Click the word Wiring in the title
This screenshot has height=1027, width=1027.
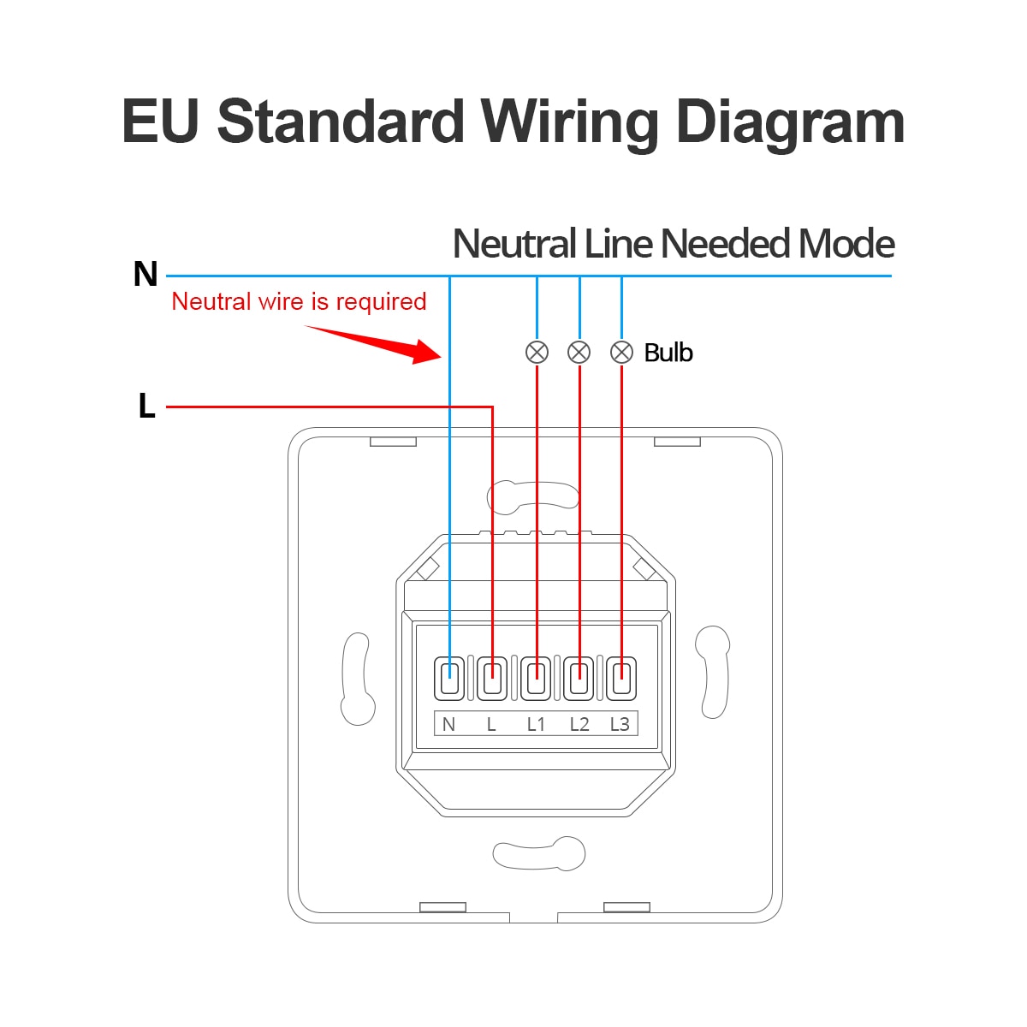[x=569, y=122]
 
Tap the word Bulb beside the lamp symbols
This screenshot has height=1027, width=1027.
[x=668, y=353]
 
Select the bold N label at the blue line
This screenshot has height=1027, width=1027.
[x=145, y=275]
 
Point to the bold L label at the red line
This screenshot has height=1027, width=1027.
[x=146, y=407]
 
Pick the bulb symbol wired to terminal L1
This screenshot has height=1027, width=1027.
[x=537, y=352]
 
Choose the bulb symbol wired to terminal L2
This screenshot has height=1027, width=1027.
[x=579, y=352]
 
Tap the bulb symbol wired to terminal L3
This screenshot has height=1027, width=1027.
[x=621, y=352]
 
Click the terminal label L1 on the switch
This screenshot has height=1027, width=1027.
[x=536, y=725]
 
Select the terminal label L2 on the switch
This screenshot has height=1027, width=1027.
[x=579, y=725]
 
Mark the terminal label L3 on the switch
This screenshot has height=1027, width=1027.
[x=620, y=725]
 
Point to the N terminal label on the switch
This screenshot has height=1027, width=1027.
[x=448, y=725]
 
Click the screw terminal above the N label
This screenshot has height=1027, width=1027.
[x=449, y=679]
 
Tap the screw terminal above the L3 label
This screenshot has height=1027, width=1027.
[x=621, y=679]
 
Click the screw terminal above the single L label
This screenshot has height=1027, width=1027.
[x=492, y=679]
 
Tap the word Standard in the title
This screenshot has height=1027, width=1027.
[x=340, y=122]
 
